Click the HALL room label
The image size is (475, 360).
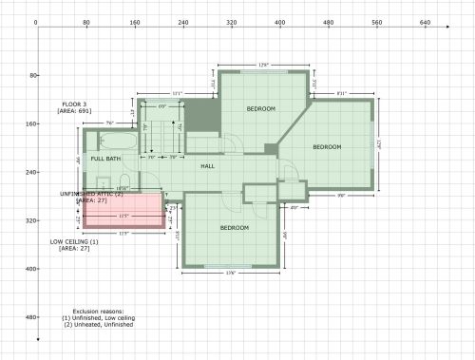(x=207, y=166)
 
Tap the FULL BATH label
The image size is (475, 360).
(x=105, y=159)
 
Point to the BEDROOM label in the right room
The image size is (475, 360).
(x=327, y=146)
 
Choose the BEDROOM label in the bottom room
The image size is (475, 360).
(x=234, y=228)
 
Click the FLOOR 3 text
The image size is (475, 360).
(x=74, y=104)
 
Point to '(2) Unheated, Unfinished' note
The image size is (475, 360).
(x=98, y=325)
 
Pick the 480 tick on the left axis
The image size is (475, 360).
(x=29, y=317)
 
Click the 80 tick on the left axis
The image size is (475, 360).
(x=29, y=75)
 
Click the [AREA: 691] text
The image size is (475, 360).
(x=74, y=111)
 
